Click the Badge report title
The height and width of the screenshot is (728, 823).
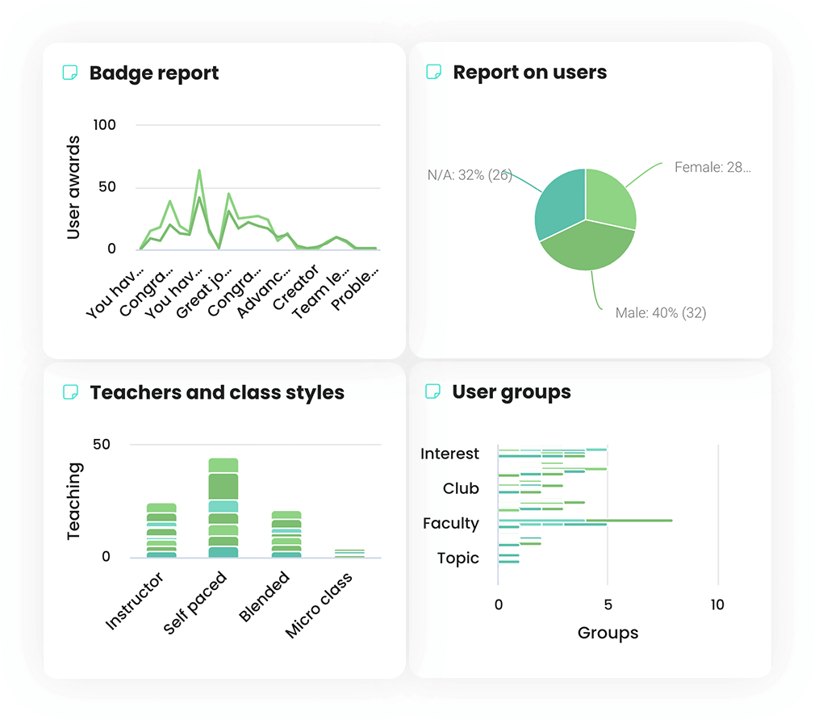153,73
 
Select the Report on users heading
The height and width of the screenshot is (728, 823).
529,73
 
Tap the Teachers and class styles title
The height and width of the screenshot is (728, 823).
217,393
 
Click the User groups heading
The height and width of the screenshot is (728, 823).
512,392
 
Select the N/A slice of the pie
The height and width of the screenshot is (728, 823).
560,206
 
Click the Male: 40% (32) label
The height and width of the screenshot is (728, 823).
660,313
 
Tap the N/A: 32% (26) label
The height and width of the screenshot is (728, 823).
470,174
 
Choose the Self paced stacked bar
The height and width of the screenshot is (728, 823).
224,508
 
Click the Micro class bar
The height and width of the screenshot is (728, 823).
349,554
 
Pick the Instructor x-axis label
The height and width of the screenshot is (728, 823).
135,601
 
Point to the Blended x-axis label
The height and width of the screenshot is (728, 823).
265,598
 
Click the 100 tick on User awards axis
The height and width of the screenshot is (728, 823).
105,125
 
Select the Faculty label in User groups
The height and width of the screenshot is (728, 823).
450,524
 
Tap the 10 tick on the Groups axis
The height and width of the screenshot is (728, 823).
717,605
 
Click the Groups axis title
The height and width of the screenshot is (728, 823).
608,634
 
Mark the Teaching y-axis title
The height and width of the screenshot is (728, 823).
74,500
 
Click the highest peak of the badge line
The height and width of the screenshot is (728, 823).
199,170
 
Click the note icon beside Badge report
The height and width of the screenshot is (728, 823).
70,73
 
